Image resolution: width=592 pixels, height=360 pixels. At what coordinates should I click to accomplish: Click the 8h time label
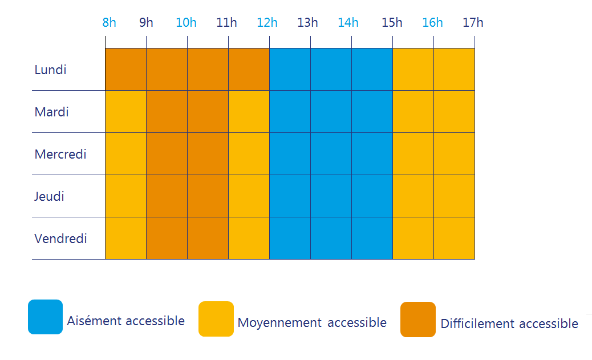click(x=109, y=23)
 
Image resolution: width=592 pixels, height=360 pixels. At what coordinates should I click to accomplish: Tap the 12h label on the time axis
click(x=267, y=23)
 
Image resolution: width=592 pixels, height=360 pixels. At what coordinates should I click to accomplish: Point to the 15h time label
click(x=392, y=23)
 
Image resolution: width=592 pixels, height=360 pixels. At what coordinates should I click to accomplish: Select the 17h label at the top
click(x=473, y=23)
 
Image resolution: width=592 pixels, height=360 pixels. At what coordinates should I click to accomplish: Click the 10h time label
click(x=186, y=23)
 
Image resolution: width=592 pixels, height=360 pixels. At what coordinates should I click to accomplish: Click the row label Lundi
click(x=50, y=70)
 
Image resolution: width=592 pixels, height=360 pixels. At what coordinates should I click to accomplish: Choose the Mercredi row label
click(x=60, y=154)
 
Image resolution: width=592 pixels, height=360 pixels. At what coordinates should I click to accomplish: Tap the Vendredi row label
click(x=60, y=238)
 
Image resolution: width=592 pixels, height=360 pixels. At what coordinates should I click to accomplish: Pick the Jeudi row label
click(x=49, y=196)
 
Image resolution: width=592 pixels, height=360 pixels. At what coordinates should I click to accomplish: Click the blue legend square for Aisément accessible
click(x=45, y=317)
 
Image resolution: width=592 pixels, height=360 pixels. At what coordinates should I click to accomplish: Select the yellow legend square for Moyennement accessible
click(x=216, y=319)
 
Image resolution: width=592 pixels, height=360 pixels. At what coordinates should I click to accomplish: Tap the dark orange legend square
click(x=418, y=319)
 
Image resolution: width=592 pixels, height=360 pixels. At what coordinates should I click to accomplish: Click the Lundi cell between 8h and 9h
click(x=125, y=70)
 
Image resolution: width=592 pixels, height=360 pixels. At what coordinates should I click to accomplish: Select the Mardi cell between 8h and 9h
click(x=125, y=111)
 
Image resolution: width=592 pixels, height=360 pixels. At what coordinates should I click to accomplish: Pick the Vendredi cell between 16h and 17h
click(x=454, y=238)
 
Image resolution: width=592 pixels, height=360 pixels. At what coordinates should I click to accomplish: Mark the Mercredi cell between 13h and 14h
click(x=331, y=153)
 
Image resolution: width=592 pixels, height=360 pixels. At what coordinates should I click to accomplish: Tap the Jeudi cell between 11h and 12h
click(x=249, y=196)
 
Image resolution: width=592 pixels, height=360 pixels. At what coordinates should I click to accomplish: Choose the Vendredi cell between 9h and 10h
click(x=167, y=238)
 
